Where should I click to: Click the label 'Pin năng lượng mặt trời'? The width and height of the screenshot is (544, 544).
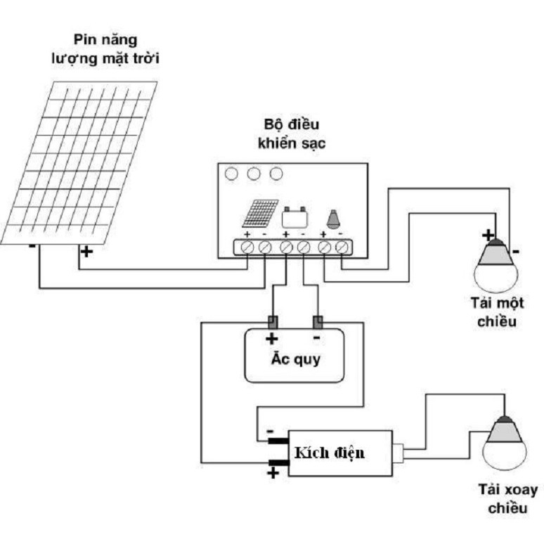pos(105,48)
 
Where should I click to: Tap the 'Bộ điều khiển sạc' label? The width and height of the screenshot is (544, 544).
pos(292,134)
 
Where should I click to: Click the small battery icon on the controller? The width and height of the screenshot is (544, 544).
pos(294,216)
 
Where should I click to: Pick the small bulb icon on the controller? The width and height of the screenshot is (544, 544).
pos(332,218)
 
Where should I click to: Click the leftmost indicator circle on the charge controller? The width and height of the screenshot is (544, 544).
pos(231,172)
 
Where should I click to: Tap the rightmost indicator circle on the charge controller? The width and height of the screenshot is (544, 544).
pos(276,172)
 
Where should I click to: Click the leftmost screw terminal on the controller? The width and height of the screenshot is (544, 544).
pos(247,247)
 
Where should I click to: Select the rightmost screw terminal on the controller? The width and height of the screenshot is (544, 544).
pos(342,247)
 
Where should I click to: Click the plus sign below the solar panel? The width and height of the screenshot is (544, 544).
pos(85,250)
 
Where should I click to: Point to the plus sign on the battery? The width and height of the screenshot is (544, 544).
pos(271,338)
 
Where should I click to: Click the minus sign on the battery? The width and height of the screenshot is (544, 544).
pos(316,338)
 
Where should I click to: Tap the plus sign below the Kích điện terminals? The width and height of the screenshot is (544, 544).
pos(272,474)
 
